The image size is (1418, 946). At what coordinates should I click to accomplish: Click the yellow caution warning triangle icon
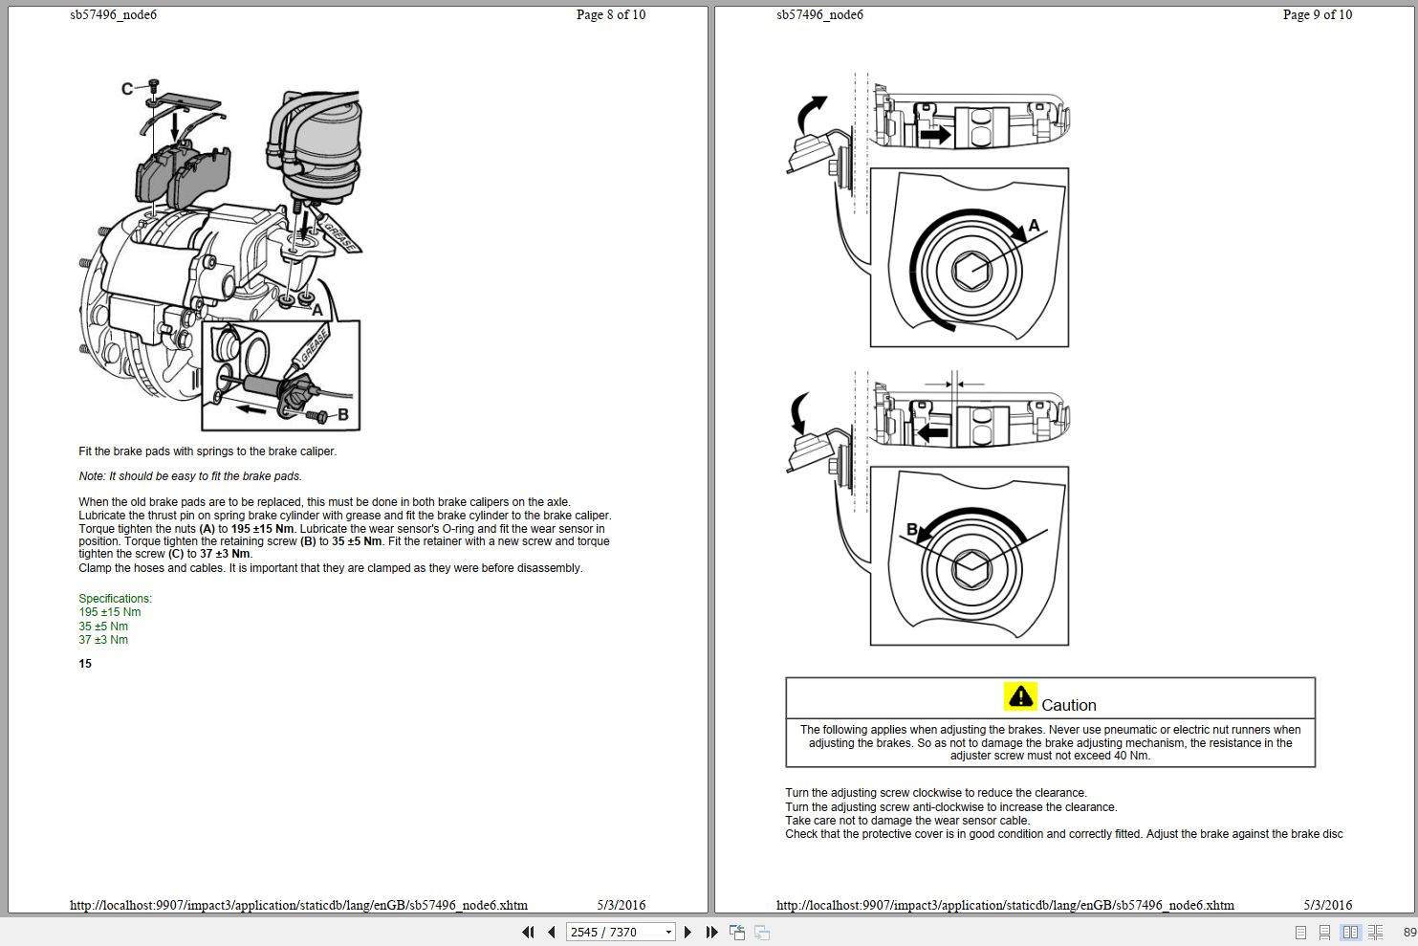1020,696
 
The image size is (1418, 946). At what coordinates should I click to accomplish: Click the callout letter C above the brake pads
126,89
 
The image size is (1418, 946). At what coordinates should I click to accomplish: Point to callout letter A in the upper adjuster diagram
1033,227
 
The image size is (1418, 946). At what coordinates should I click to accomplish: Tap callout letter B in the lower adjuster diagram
911,529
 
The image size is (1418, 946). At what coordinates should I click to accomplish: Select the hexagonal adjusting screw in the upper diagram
971,271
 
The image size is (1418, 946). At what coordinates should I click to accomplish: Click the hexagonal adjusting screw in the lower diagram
971,569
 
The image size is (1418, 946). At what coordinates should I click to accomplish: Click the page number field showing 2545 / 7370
613,932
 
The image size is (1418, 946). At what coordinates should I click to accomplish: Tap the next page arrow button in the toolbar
687,932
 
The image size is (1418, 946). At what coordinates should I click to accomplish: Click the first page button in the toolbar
528,932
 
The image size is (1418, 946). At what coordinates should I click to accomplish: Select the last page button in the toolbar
711,932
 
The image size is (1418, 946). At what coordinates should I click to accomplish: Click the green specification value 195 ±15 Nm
109,612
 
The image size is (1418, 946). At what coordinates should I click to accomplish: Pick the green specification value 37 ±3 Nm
103,640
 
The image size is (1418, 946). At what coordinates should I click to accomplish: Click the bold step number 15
85,664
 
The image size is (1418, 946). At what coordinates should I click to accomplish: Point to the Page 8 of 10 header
610,14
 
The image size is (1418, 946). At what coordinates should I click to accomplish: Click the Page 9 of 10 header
1317,14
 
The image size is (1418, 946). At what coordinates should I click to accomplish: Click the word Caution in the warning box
1068,705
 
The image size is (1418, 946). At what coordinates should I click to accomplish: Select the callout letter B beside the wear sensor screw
343,415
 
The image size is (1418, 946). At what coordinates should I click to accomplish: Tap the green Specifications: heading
115,599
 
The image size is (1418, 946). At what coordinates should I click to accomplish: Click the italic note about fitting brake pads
189,476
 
